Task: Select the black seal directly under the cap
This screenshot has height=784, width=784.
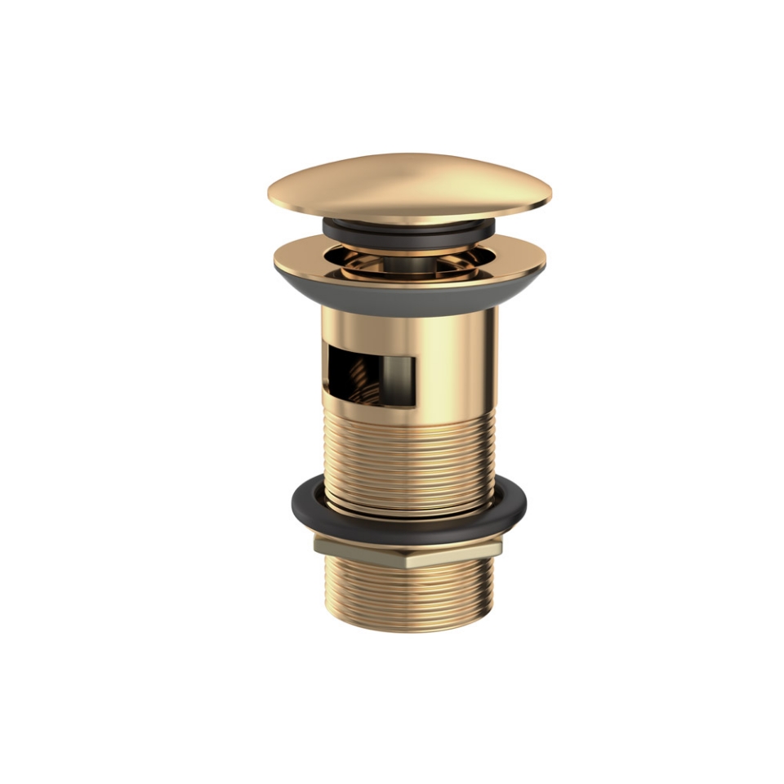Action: (x=408, y=228)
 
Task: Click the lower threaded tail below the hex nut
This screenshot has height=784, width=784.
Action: (x=408, y=596)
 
